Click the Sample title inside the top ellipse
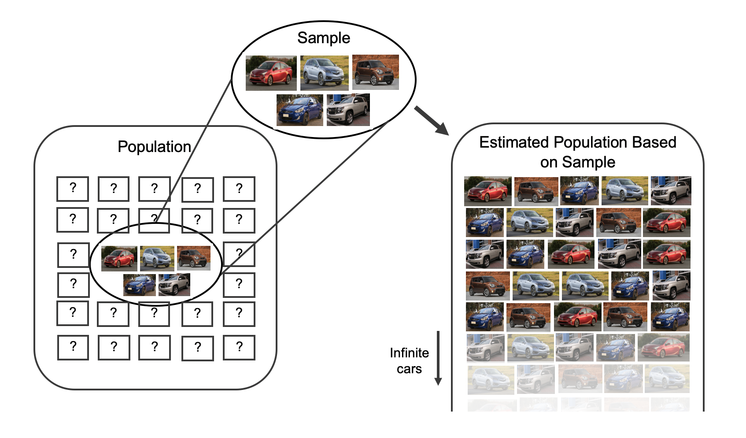point(324,38)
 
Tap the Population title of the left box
point(154,147)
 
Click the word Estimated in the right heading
point(514,142)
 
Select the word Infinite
point(409,353)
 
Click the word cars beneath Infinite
point(409,369)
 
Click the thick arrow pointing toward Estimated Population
point(431,120)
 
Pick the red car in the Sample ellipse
point(271,73)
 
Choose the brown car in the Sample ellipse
point(375,72)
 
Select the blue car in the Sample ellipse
point(299,110)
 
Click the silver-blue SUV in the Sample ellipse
point(325,73)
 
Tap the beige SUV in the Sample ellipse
point(348,110)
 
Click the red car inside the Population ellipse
point(119,259)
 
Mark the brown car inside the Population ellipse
point(193,258)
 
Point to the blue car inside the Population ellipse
point(139,285)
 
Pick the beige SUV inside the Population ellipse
point(174,285)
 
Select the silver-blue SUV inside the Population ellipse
point(157,258)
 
